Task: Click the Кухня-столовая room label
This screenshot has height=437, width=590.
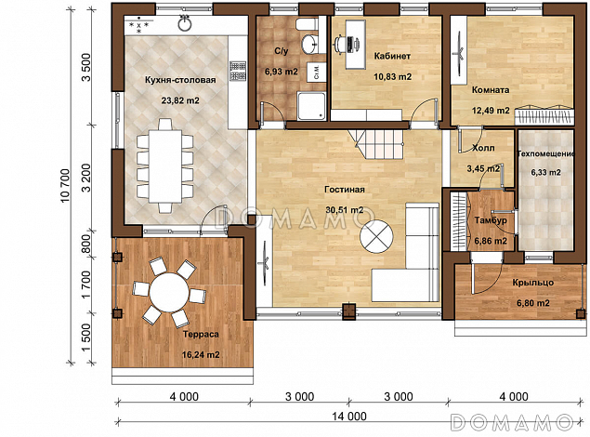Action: [180, 80]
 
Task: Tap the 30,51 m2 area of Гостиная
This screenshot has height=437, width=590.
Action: [345, 209]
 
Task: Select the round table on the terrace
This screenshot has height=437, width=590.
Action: [169, 292]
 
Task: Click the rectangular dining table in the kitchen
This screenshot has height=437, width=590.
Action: [165, 166]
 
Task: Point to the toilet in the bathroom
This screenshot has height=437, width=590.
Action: [307, 24]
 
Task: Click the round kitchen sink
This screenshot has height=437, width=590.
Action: [185, 25]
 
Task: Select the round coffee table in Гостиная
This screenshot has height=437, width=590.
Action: [376, 237]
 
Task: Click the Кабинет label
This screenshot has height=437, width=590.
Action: [392, 56]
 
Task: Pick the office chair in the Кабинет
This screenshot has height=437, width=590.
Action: [340, 44]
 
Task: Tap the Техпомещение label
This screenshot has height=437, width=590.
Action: [546, 153]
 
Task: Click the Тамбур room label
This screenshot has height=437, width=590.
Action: [491, 220]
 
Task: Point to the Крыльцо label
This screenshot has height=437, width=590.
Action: [532, 283]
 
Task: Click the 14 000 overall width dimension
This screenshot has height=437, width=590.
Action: [348, 416]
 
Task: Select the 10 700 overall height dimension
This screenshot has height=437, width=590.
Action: [65, 185]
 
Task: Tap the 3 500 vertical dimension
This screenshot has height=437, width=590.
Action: [86, 67]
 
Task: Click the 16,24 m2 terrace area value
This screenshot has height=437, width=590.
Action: [201, 354]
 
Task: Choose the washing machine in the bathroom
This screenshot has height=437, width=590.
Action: [316, 72]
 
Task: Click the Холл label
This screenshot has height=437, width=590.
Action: [483, 149]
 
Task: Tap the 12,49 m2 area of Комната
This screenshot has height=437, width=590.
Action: [491, 111]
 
